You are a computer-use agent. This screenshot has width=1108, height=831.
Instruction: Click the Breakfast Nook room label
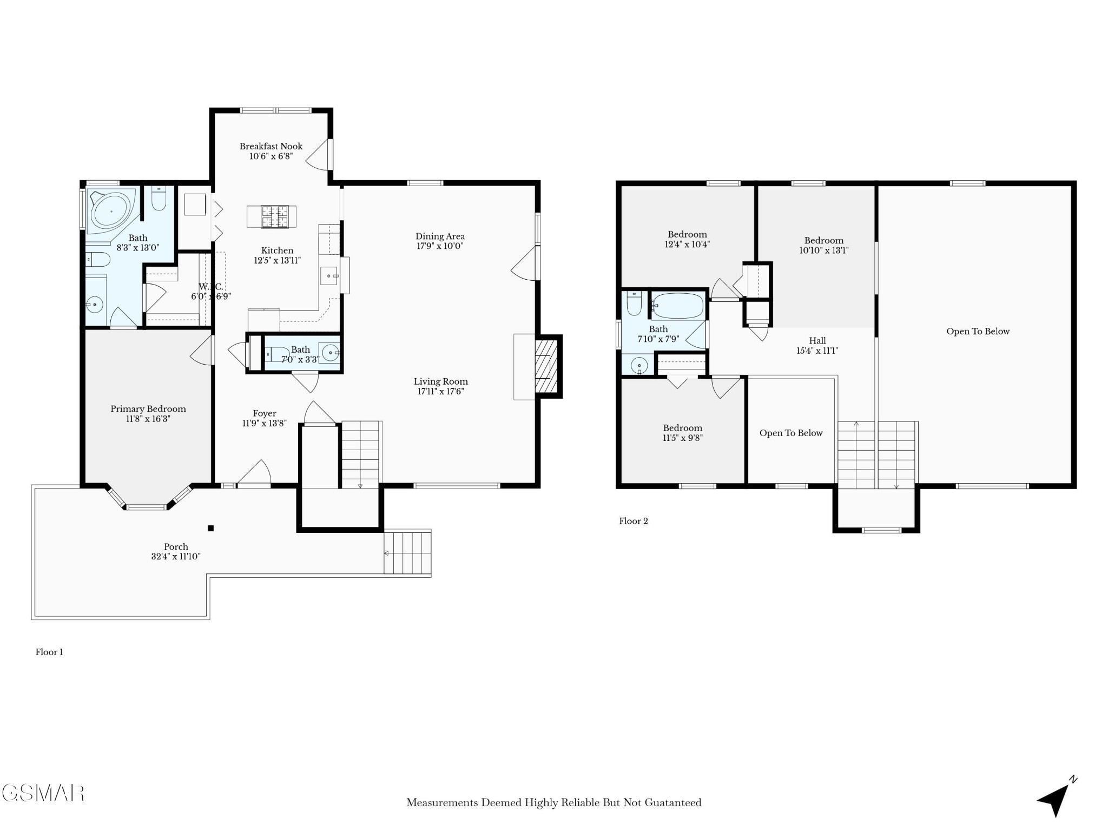(x=271, y=146)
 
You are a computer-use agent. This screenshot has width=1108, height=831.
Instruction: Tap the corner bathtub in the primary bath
(x=111, y=211)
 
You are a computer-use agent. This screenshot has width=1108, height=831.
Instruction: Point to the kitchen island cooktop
(x=275, y=216)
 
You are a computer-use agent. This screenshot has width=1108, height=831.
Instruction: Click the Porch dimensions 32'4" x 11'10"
(x=176, y=556)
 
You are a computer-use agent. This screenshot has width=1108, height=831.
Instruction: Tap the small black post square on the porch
(x=211, y=528)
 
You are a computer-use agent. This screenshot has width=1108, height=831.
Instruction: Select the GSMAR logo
(x=43, y=793)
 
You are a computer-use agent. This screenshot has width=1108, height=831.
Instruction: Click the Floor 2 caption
(x=634, y=521)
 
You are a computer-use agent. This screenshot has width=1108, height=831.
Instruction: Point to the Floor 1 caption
(x=49, y=652)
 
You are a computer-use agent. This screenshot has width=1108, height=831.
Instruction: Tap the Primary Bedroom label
(x=148, y=409)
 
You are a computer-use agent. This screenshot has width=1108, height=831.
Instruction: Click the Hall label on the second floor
(x=817, y=341)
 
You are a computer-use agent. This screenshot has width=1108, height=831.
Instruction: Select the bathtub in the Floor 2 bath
(x=677, y=306)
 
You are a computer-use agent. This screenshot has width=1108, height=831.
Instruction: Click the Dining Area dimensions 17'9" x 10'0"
(x=440, y=246)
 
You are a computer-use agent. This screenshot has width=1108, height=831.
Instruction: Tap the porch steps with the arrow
(x=407, y=553)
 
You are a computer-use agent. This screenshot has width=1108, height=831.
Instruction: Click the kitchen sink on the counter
(x=329, y=276)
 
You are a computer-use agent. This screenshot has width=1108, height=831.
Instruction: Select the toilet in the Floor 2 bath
(x=634, y=303)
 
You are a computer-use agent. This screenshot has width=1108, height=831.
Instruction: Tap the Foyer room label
(x=265, y=413)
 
